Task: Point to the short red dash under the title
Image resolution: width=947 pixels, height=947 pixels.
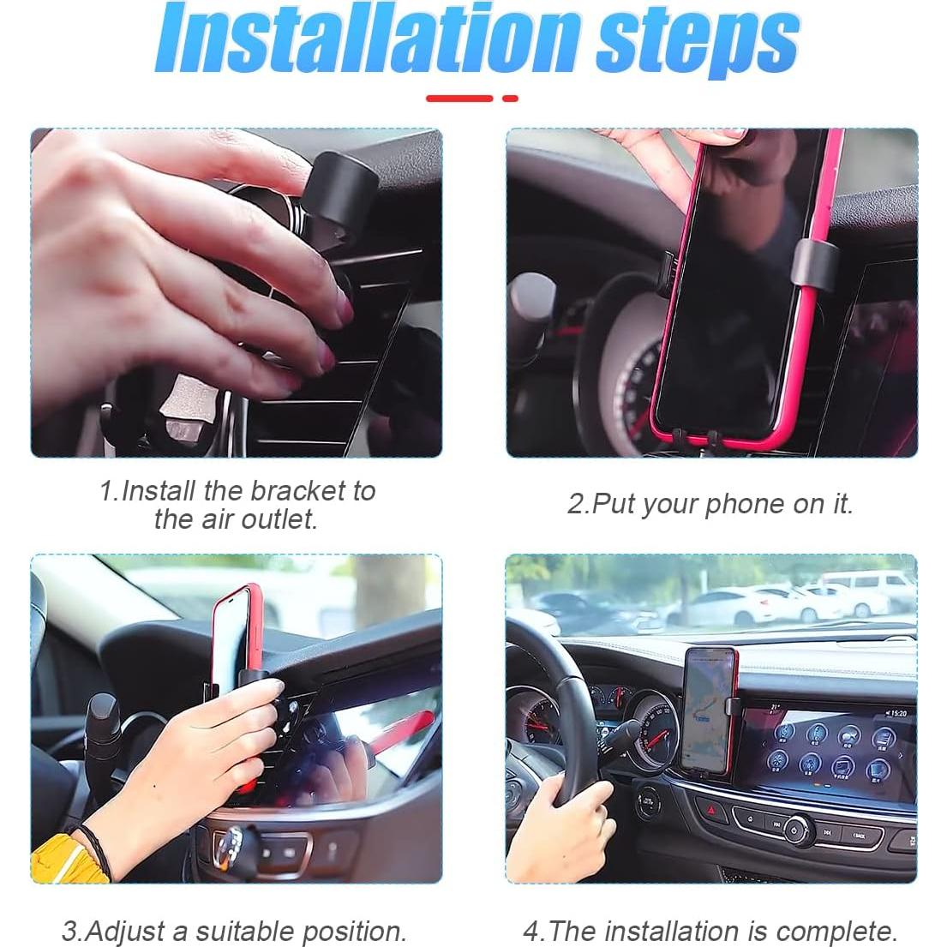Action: [510, 99]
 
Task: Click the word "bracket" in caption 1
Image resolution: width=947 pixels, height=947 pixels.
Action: [297, 491]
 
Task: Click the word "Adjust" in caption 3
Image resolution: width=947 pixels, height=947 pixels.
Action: [136, 931]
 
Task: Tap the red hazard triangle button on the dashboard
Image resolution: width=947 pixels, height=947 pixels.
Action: [708, 808]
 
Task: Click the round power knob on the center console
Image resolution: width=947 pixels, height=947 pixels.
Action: [796, 829]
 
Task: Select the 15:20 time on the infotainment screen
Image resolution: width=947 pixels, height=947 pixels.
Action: [896, 713]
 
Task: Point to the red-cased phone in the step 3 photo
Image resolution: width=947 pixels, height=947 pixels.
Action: [236, 634]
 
